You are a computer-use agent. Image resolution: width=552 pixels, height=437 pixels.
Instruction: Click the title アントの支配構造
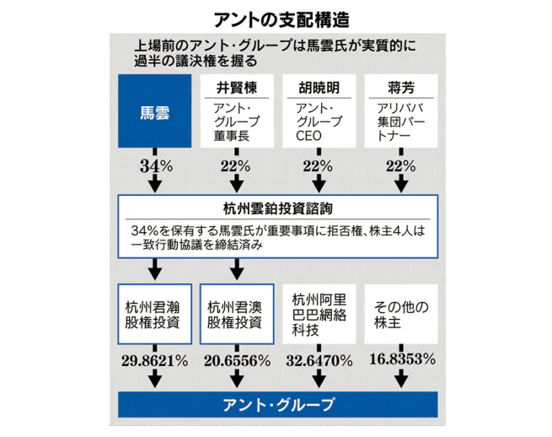tap(276, 17)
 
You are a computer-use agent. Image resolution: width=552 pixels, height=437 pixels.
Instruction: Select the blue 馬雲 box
tap(154, 111)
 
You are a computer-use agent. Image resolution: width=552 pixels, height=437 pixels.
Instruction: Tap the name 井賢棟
tap(236, 88)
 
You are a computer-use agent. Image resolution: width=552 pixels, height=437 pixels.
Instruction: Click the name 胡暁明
tap(319, 88)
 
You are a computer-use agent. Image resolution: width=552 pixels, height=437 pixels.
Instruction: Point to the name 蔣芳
tap(399, 88)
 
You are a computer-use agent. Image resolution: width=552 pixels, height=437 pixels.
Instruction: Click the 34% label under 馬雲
tap(155, 165)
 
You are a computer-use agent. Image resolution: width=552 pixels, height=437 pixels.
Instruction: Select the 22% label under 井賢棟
tap(236, 165)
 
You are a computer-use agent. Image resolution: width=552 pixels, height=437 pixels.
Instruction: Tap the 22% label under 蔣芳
tap(399, 165)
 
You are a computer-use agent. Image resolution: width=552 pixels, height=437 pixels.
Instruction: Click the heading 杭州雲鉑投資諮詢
tap(277, 211)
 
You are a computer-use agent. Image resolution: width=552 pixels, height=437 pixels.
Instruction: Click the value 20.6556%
tap(235, 360)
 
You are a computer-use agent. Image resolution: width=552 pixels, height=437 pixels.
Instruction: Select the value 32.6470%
tap(318, 360)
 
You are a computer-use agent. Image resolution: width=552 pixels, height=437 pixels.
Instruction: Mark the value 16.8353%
tap(400, 360)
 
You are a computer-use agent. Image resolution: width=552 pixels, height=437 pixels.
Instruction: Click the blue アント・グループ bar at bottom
tap(277, 405)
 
